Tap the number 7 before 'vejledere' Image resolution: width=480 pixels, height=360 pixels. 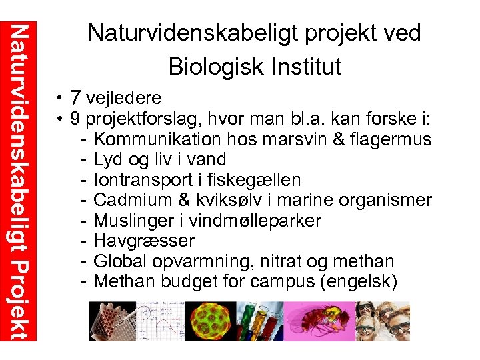76,98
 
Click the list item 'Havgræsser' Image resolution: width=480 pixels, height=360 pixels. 144,241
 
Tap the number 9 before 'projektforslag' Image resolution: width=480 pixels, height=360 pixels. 76,119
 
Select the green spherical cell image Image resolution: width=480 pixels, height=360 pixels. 207,321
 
